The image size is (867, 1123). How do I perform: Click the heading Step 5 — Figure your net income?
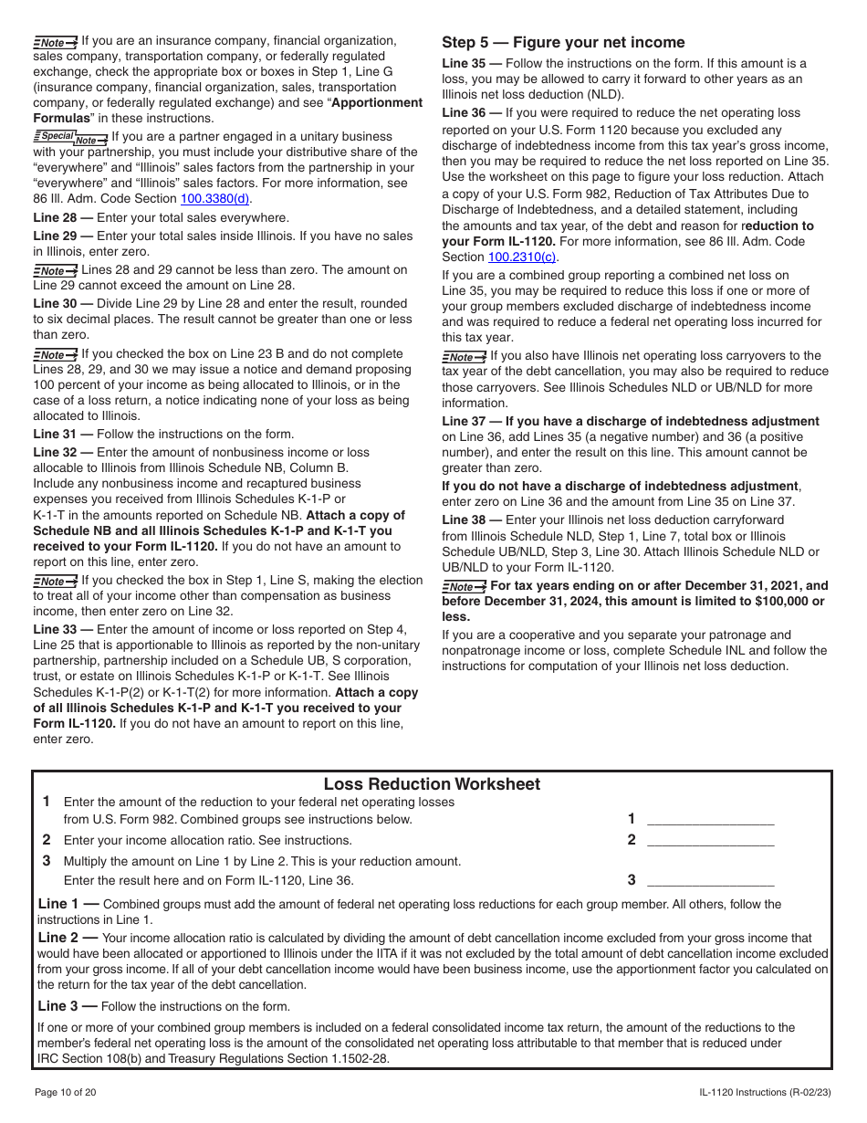(x=563, y=42)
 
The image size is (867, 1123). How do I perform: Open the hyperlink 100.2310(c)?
(x=522, y=257)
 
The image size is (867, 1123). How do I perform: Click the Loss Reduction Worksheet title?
(x=432, y=784)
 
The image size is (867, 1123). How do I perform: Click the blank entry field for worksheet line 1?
(x=710, y=819)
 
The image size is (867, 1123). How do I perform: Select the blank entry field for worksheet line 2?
(x=710, y=840)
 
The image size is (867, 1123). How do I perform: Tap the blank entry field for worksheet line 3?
(x=710, y=880)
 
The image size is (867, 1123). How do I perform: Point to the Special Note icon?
(x=70, y=137)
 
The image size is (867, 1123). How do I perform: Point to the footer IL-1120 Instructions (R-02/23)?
(x=765, y=1092)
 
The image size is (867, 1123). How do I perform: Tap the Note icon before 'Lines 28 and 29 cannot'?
(x=56, y=270)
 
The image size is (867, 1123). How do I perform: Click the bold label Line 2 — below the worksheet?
(x=68, y=937)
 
